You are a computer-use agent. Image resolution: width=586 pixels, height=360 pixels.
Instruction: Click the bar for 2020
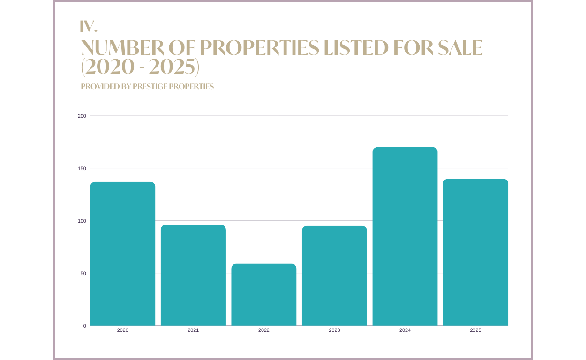point(122,254)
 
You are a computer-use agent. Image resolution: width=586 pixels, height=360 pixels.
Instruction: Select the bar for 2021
point(193,275)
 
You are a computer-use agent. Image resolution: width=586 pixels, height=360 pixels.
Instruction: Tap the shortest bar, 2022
point(264,294)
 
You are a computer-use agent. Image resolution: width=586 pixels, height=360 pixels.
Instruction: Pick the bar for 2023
point(334,276)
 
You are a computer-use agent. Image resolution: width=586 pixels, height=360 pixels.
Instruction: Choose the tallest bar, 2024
point(405,236)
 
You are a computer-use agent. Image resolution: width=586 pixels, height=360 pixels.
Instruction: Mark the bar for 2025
point(475,252)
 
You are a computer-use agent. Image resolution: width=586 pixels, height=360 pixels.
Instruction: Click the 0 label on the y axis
point(85,326)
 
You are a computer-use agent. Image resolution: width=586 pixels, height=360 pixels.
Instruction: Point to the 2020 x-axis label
point(122,330)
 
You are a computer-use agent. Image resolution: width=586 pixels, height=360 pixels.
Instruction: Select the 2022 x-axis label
point(264,330)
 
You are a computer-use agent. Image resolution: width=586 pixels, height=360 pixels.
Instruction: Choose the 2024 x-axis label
point(405,330)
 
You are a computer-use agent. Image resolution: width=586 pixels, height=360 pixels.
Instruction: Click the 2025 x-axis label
point(475,330)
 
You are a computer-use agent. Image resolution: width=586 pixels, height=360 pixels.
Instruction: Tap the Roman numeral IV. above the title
point(89,27)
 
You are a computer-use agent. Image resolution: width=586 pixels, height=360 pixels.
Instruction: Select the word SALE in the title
point(460,48)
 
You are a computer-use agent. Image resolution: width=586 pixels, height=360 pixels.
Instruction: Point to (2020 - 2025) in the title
point(140,67)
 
